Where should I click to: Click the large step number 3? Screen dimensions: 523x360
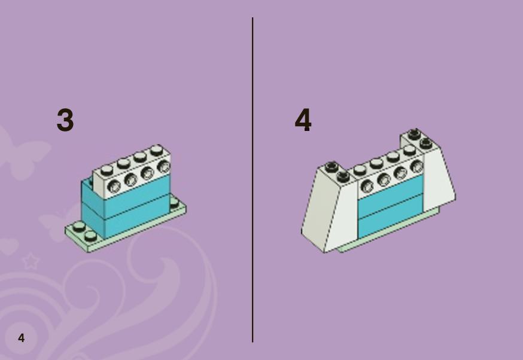[65, 120]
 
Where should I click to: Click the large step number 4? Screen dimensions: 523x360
[303, 120]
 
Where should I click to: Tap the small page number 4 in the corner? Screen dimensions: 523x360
[22, 338]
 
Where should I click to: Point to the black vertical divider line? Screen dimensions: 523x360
[253, 179]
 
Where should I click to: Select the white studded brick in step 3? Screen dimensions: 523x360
[132, 171]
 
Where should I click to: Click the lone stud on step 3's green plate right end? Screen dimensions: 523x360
[174, 202]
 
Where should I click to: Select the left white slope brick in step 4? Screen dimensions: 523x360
[329, 208]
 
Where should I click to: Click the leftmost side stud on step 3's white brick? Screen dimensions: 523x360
[114, 185]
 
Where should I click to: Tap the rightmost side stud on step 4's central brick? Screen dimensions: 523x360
[416, 166]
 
